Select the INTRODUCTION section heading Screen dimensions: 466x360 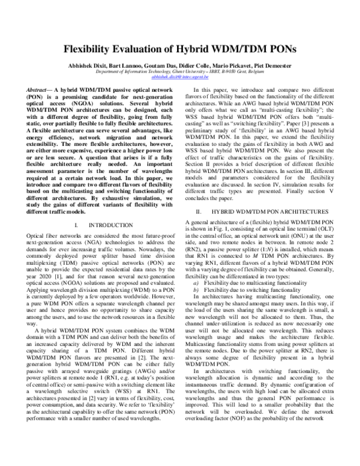coord(106,225)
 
